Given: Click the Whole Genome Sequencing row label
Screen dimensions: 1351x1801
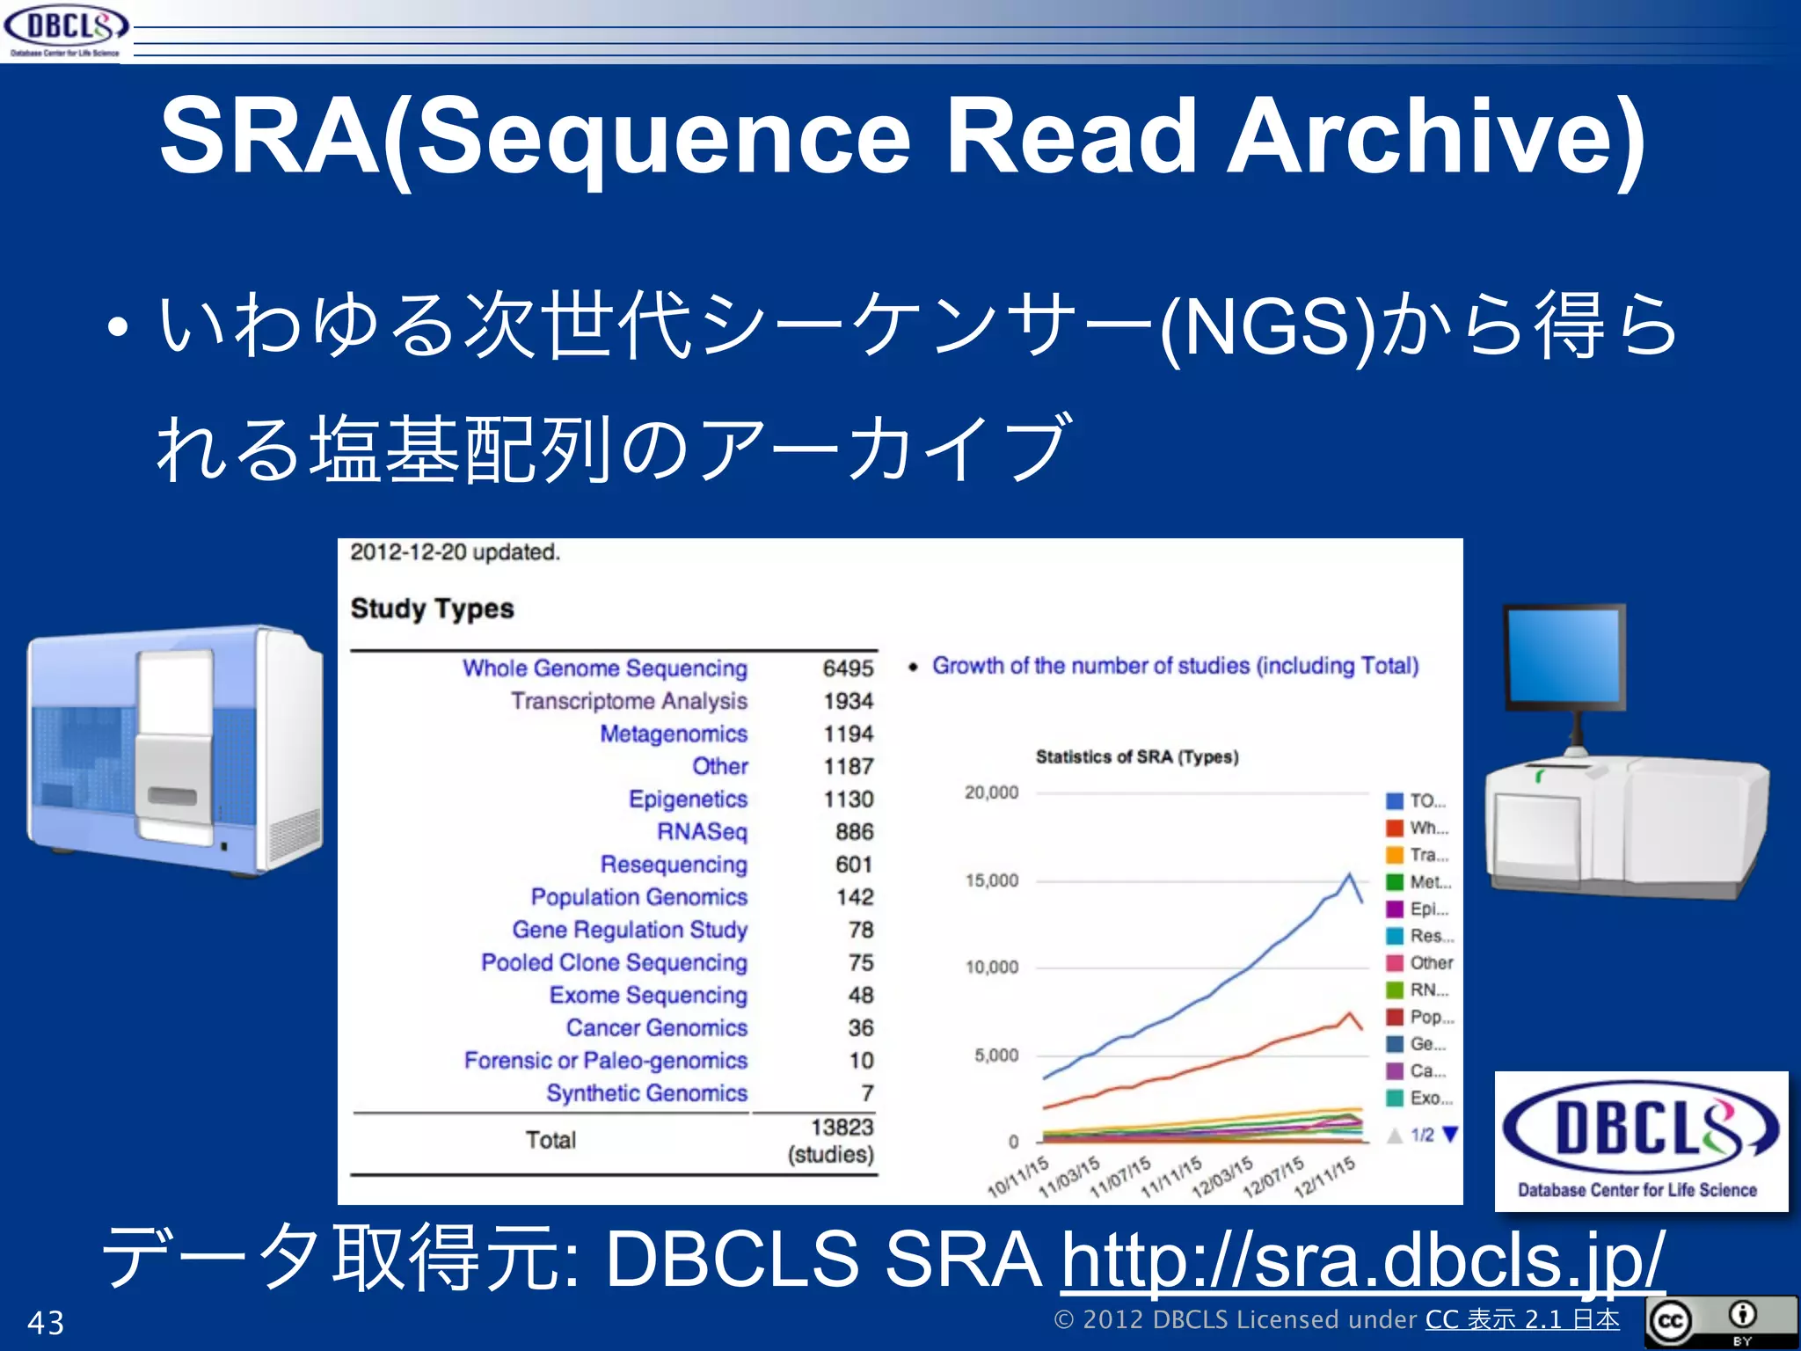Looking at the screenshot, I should point(605,668).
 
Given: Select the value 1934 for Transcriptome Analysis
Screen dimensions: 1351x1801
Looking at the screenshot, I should point(848,701).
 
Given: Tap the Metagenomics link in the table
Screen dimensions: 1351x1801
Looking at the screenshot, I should point(674,734).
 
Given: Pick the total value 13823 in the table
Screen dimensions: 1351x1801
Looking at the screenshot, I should point(842,1127).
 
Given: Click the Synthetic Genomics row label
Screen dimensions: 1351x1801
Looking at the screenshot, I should point(646,1093).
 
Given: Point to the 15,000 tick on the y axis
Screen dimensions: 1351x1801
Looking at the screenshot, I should point(992,880).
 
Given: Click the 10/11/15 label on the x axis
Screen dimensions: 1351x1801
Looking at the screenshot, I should point(1018,1178).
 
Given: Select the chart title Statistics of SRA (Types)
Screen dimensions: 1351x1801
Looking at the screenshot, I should point(1136,757).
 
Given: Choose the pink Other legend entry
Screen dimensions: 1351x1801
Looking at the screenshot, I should point(1421,963).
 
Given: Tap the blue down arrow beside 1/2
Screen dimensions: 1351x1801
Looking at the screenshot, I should point(1450,1135).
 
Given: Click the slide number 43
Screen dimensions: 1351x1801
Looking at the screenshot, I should point(46,1323).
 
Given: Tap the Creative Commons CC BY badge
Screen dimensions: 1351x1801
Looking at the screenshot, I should point(1720,1322).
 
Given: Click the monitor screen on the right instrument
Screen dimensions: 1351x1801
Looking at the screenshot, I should point(1563,655).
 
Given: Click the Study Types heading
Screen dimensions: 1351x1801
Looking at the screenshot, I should point(432,609).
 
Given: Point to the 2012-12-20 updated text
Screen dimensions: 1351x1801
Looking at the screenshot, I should point(455,552).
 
